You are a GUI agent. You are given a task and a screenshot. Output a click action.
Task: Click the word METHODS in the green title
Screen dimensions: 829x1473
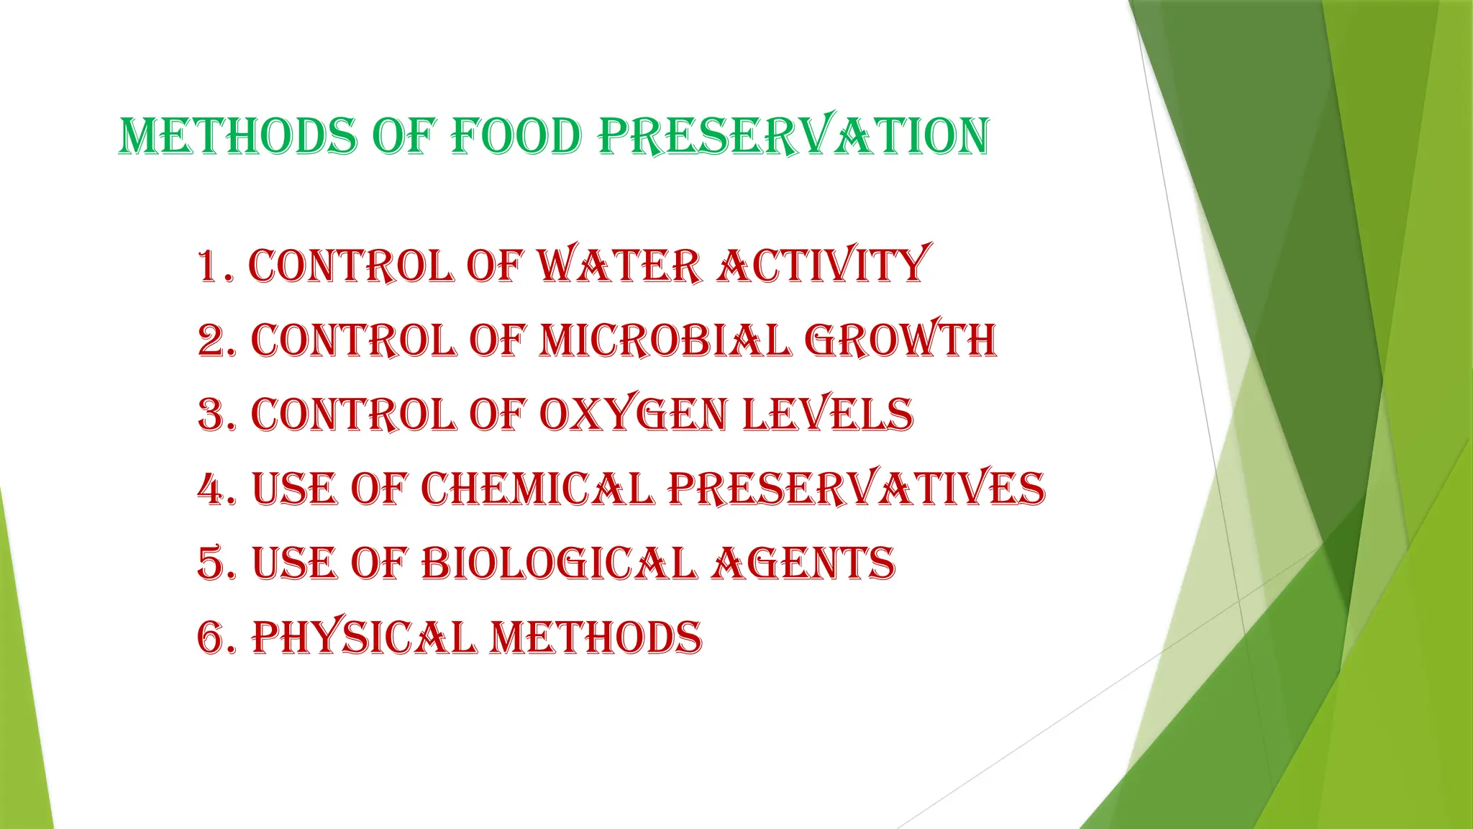pyautogui.click(x=238, y=137)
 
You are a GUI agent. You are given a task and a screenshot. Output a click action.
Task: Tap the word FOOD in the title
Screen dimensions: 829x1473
pyautogui.click(x=516, y=137)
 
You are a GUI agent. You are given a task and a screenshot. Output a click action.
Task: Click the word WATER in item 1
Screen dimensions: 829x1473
pyautogui.click(x=619, y=266)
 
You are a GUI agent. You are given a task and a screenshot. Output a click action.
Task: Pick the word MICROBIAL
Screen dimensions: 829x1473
pyautogui.click(x=665, y=340)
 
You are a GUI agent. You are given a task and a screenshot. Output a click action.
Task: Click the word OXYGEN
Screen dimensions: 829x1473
pyautogui.click(x=633, y=415)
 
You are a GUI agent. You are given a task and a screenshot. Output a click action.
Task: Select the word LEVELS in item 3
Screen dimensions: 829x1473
pyautogui.click(x=827, y=415)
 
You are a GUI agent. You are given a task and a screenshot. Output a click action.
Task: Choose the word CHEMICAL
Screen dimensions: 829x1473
pyautogui.click(x=537, y=489)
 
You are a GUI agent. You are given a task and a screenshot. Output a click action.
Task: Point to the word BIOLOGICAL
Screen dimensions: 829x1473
pyautogui.click(x=558, y=563)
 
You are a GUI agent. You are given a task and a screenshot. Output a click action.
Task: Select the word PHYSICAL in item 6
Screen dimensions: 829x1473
pyautogui.click(x=363, y=638)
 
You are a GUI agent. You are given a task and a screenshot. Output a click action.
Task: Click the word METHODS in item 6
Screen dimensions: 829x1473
pyautogui.click(x=596, y=638)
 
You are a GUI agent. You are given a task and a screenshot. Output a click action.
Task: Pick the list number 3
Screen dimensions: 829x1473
pyautogui.click(x=211, y=415)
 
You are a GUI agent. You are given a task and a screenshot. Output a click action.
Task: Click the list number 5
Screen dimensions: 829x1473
pyautogui.click(x=211, y=563)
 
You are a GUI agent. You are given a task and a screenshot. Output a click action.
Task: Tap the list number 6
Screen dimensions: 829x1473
pyautogui.click(x=211, y=638)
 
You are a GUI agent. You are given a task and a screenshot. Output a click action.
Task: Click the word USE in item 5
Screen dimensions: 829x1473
pyautogui.click(x=294, y=563)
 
